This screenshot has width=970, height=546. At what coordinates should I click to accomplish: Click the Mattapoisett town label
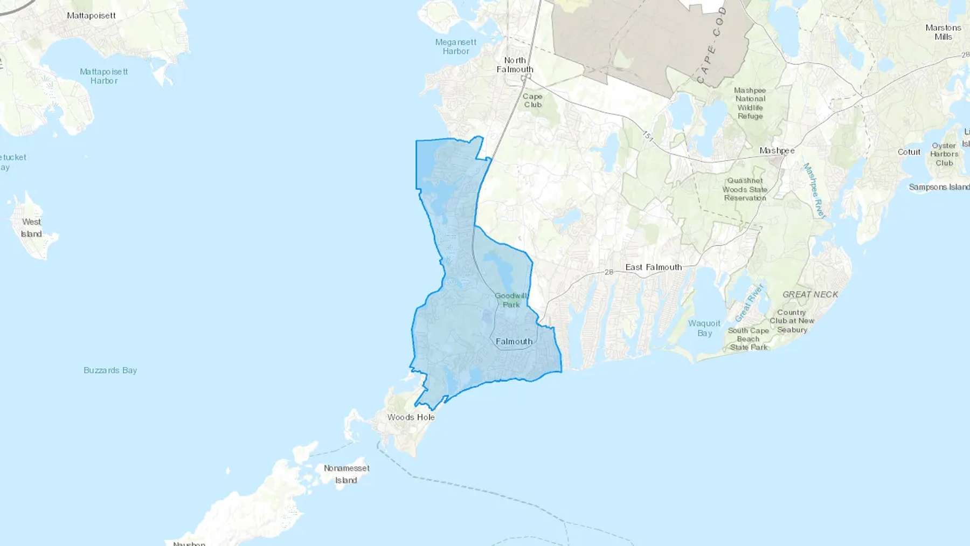91,16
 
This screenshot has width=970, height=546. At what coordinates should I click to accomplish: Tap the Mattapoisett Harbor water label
104,76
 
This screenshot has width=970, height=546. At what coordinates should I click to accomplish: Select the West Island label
31,227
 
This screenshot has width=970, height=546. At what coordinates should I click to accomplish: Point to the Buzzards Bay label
110,370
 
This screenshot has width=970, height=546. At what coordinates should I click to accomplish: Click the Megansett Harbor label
456,46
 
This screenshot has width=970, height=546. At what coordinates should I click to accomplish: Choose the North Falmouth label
515,65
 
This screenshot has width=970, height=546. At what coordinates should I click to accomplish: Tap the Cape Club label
532,100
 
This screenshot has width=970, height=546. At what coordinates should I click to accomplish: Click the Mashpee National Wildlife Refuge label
750,103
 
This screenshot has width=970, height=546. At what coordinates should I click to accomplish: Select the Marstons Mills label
943,32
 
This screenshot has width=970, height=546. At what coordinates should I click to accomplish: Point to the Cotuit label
909,152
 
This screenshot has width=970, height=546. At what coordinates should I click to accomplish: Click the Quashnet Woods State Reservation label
745,189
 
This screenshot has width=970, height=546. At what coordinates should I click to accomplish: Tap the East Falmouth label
653,267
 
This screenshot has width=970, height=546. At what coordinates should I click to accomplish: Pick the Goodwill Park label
511,300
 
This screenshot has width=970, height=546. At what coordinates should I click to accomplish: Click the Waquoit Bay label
704,328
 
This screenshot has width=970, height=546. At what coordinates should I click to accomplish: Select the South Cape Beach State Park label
748,338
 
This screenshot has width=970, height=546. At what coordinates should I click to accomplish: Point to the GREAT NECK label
810,294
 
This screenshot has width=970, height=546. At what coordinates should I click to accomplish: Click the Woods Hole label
411,417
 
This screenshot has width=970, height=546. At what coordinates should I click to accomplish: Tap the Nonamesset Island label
347,474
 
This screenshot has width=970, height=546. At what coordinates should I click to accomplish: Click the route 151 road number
647,136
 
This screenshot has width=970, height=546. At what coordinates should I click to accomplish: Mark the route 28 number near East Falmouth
608,272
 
